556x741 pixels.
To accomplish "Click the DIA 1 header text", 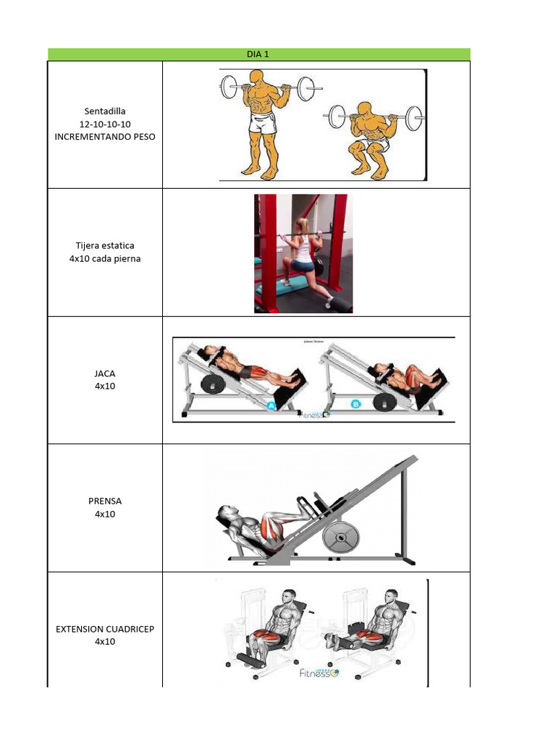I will pyautogui.click(x=258, y=54).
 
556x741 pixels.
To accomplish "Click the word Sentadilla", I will pyautogui.click(x=105, y=111).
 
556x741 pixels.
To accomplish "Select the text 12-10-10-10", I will pyautogui.click(x=105, y=124).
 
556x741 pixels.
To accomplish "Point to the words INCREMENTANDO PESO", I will pyautogui.click(x=105, y=136).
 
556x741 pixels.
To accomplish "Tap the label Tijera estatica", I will pyautogui.click(x=105, y=246).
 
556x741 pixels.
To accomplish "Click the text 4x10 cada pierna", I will pyautogui.click(x=105, y=258).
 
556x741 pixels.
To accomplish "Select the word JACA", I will pyautogui.click(x=105, y=373).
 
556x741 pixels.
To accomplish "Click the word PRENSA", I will pyautogui.click(x=105, y=501).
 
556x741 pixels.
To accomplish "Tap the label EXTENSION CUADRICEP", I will pyautogui.click(x=105, y=629).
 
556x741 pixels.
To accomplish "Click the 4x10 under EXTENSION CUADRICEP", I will pyautogui.click(x=105, y=641).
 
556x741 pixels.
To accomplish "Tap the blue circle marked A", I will pyautogui.click(x=273, y=407).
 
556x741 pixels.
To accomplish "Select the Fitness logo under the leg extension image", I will pyautogui.click(x=319, y=673).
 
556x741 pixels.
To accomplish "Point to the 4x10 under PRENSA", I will pyautogui.click(x=105, y=514).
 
